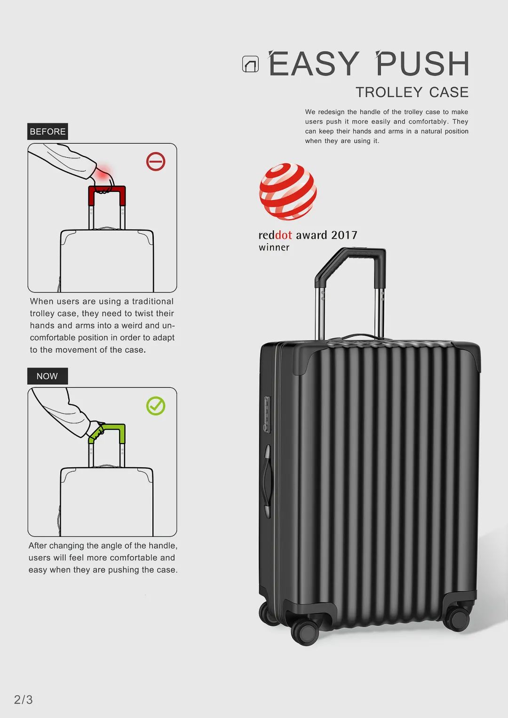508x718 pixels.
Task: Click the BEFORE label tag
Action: (48, 131)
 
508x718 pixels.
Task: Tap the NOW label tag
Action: (48, 376)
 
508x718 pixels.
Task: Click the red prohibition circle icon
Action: (156, 161)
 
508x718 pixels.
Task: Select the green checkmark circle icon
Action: (156, 406)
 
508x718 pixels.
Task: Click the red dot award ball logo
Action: (288, 192)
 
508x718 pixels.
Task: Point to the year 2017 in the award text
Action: (344, 235)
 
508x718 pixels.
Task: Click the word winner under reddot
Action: (274, 247)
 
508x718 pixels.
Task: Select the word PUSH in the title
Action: (423, 63)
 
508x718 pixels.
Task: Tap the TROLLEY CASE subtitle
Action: (412, 92)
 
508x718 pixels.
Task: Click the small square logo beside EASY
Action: (250, 64)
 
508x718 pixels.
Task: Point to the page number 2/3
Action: (24, 699)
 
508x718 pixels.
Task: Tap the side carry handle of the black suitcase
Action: (267, 477)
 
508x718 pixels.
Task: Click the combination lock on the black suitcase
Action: (267, 414)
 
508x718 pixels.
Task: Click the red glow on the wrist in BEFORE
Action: (103, 172)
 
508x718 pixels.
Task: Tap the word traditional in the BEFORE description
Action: (153, 301)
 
